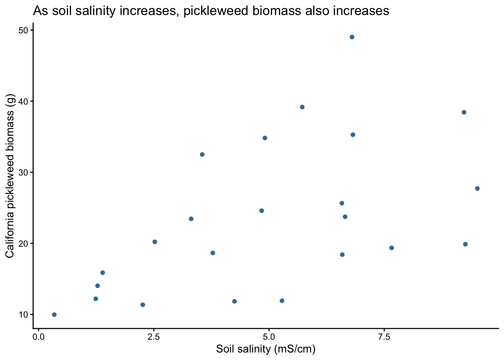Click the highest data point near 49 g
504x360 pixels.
(x=352, y=37)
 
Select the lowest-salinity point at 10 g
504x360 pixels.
(x=54, y=315)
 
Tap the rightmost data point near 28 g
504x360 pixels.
(x=477, y=188)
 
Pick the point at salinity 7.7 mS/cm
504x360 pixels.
(x=391, y=248)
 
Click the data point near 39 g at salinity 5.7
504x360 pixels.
(x=302, y=107)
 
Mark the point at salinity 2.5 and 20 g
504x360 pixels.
(x=154, y=242)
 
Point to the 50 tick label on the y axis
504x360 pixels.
(x=24, y=30)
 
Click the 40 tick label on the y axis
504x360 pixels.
(x=24, y=101)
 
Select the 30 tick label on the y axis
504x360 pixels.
(x=24, y=172)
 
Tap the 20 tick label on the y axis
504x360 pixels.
(x=24, y=243)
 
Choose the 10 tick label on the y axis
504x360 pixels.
(x=24, y=314)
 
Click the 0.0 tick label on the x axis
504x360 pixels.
(x=39, y=336)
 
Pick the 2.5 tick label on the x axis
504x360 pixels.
(x=154, y=336)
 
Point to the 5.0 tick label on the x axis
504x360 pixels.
(x=269, y=336)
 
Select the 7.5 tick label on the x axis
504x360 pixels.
(x=384, y=336)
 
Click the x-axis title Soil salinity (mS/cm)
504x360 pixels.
(x=265, y=349)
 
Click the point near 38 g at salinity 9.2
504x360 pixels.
(x=464, y=112)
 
